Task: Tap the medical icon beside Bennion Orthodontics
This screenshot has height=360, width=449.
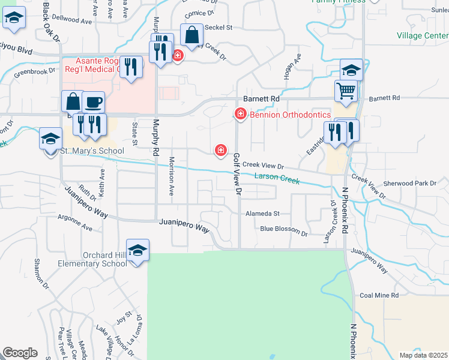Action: (241, 113)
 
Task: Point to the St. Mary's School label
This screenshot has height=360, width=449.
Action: (92, 151)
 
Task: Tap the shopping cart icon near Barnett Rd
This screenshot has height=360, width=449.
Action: (346, 91)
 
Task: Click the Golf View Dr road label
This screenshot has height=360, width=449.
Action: (237, 175)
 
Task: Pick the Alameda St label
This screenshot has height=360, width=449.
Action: (262, 213)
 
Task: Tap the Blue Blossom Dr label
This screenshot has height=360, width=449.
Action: (284, 229)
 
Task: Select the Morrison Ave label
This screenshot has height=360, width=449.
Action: (172, 177)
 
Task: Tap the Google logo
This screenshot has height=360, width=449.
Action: (20, 353)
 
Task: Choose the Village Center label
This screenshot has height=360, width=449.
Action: (423, 35)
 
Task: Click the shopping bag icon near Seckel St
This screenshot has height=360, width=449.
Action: (192, 37)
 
